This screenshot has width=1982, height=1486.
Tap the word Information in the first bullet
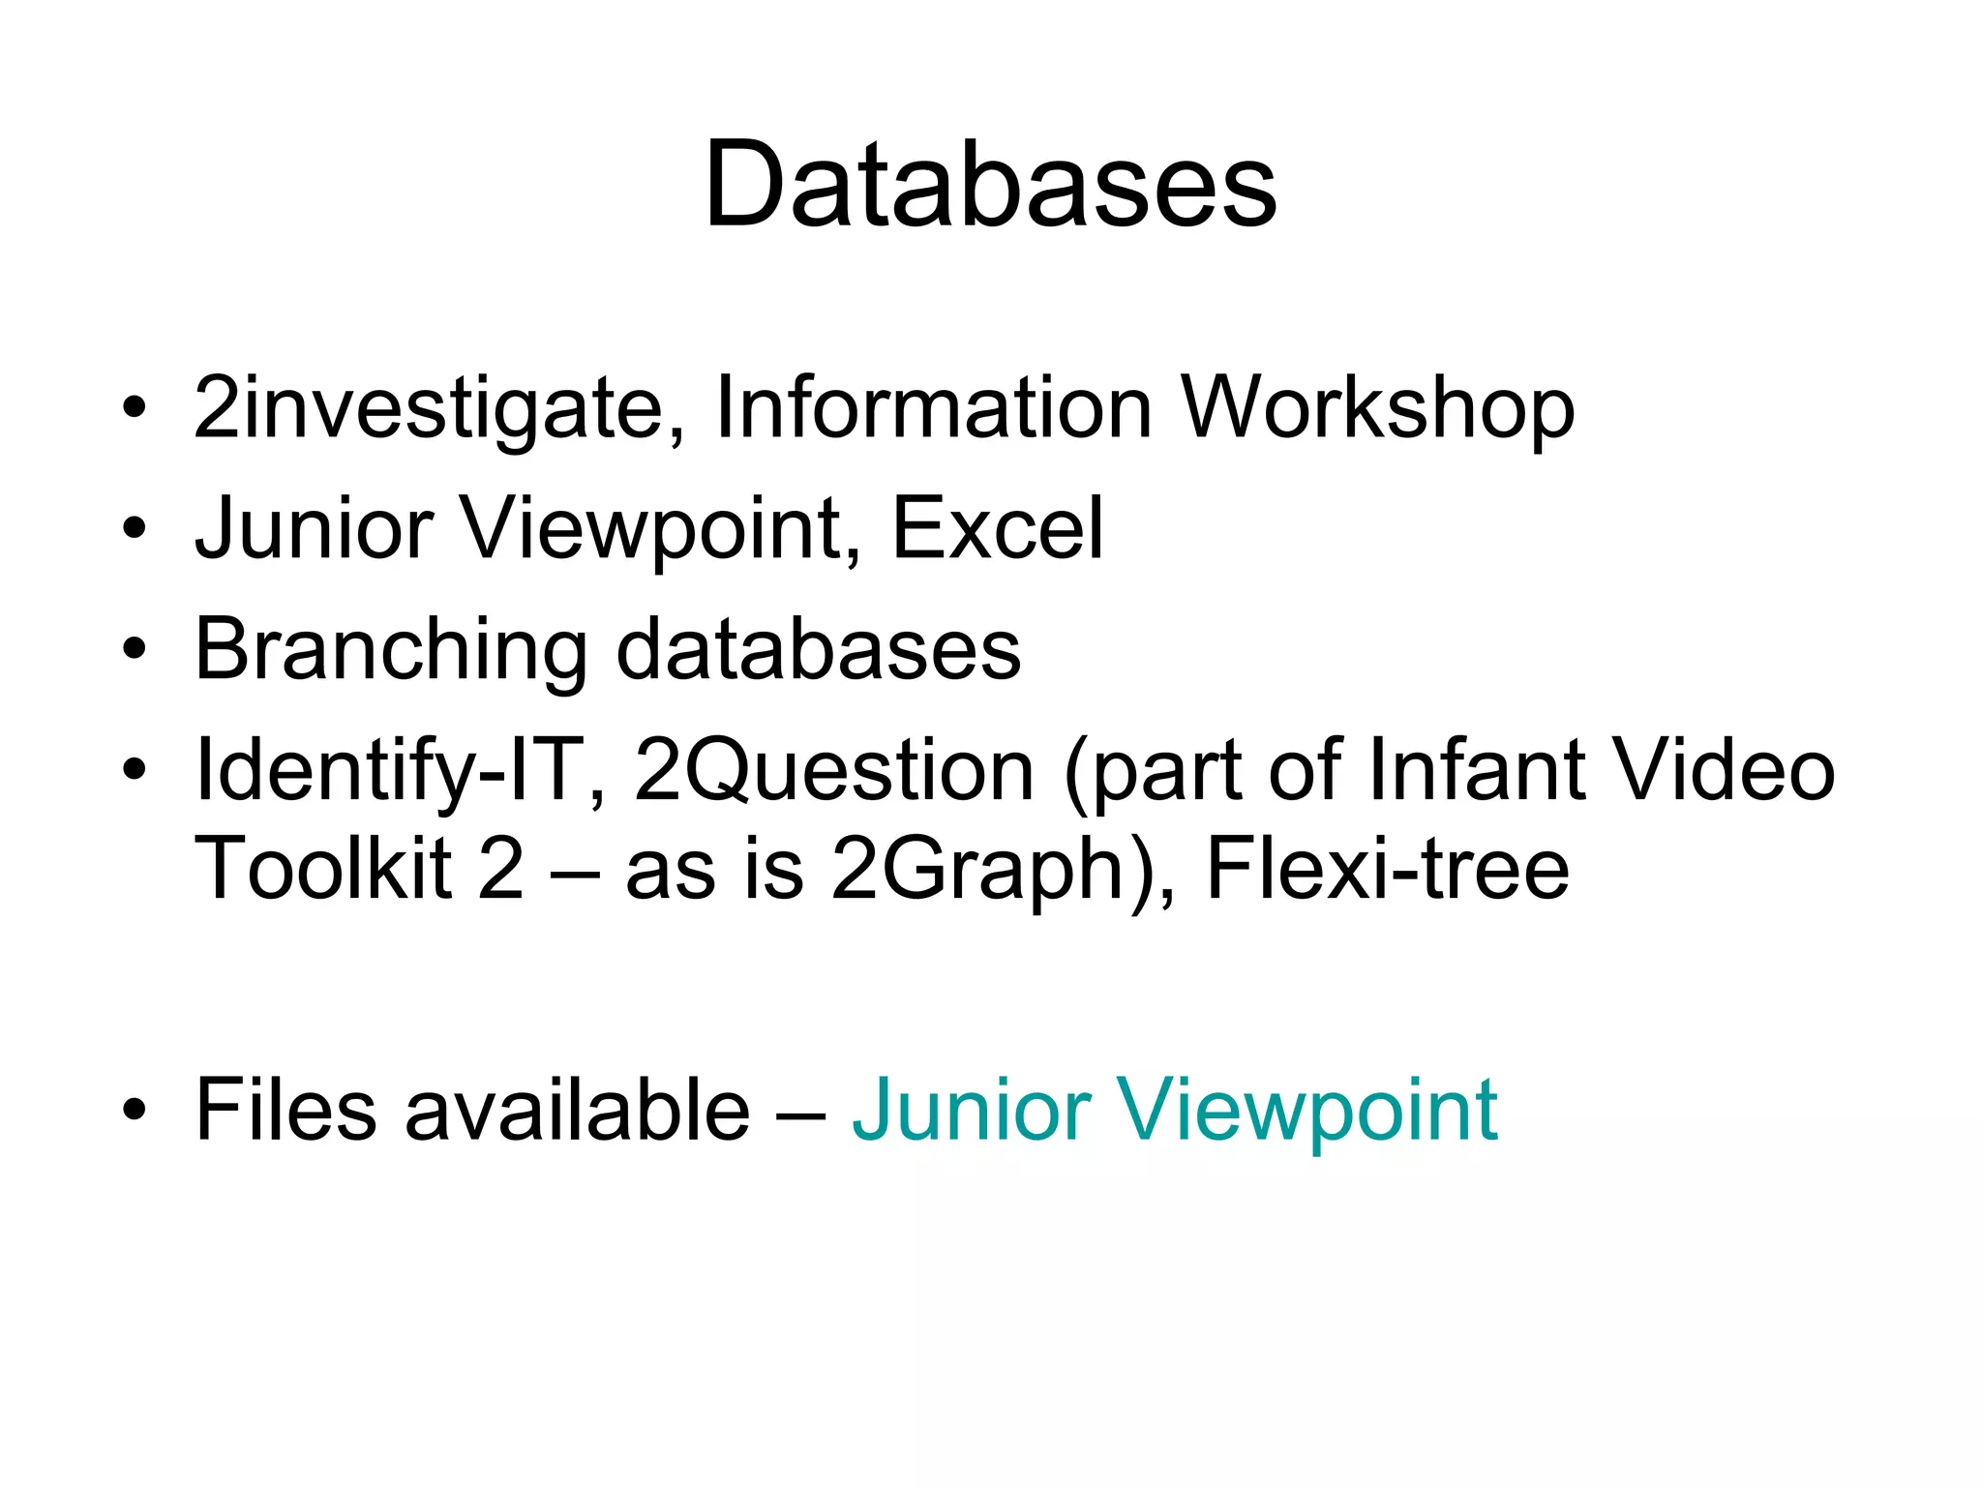tap(933, 408)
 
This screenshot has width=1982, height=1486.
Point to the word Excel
tap(997, 528)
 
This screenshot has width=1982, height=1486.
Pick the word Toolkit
tap(323, 868)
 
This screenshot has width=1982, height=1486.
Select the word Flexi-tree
tap(1387, 868)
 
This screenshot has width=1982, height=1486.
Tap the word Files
tap(285, 1110)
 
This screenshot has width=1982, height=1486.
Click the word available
tap(577, 1110)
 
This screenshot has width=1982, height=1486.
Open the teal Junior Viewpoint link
tap(1175, 1110)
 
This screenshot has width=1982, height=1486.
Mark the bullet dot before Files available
tap(135, 1110)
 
